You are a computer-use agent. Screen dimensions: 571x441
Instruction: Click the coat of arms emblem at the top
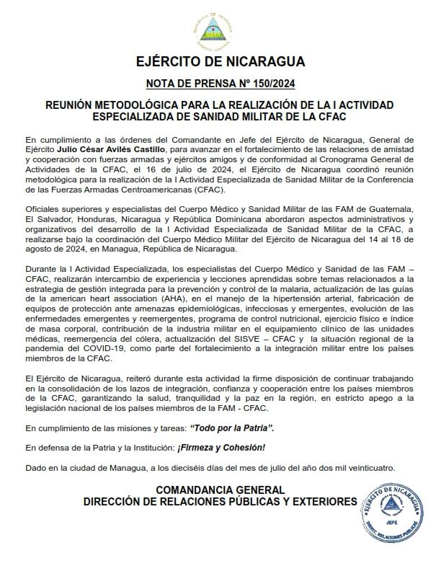pos(220,29)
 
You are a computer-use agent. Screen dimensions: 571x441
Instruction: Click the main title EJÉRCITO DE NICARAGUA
pos(220,61)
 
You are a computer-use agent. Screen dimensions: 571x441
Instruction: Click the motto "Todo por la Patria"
pos(231,428)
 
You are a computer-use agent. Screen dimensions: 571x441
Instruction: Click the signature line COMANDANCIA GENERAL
pos(220,490)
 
